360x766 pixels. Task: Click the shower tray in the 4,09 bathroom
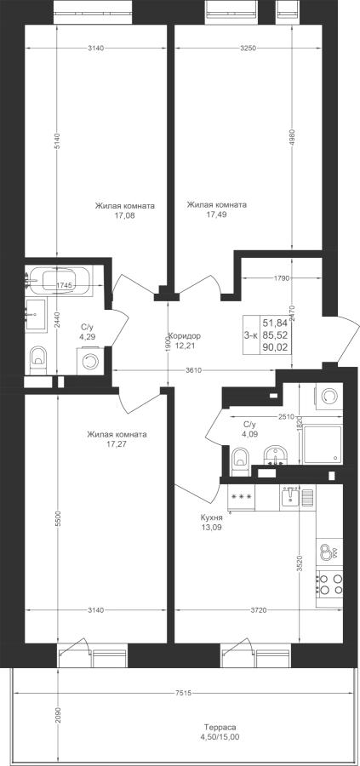(x=323, y=444)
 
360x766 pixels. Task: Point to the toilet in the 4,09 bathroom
(x=240, y=461)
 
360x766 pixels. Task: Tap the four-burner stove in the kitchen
(x=329, y=584)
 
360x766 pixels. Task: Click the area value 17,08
(x=124, y=214)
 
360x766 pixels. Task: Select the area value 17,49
(x=216, y=214)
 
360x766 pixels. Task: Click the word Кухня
(x=212, y=517)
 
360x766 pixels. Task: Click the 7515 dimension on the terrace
(x=183, y=693)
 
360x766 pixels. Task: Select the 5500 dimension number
(x=58, y=519)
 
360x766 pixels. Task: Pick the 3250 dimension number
(x=249, y=48)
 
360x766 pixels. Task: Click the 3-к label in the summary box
(x=250, y=335)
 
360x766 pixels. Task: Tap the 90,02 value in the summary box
(x=275, y=347)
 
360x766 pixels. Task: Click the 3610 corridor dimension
(x=193, y=370)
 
